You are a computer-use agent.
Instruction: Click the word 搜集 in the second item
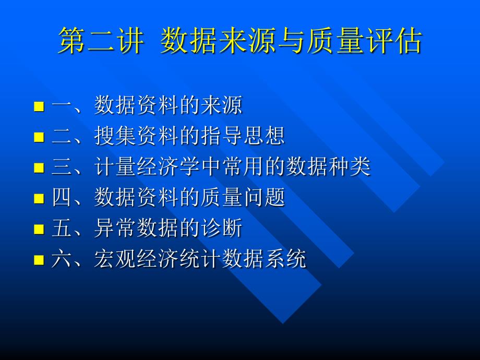(115, 137)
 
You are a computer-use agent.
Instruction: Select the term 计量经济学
(147, 167)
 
